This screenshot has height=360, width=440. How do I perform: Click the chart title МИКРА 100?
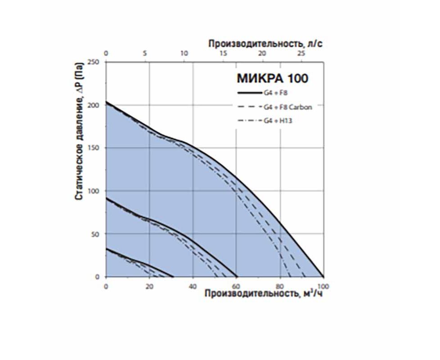[x=272, y=78]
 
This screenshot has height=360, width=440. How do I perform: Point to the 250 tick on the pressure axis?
[x=94, y=62]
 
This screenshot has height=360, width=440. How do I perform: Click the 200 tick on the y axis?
[x=94, y=105]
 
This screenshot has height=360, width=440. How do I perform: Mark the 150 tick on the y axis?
[x=94, y=148]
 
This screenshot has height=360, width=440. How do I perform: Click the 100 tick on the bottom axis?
[x=323, y=286]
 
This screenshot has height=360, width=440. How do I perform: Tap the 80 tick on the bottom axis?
[x=279, y=286]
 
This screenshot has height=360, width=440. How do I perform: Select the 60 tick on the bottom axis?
[x=236, y=286]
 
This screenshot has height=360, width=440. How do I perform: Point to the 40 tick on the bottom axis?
[x=193, y=286]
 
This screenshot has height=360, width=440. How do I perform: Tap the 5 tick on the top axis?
[x=145, y=54]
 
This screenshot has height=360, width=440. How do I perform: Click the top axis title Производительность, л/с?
[x=265, y=44]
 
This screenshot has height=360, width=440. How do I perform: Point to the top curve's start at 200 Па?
[x=106, y=102]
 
